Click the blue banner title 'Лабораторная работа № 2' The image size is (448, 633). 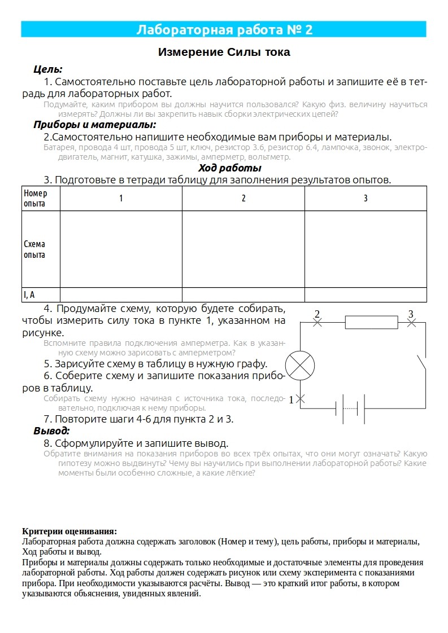(224, 30)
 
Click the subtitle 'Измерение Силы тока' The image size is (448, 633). (224, 52)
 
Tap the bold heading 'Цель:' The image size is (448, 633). (48, 69)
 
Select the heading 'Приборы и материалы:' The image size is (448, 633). (94, 125)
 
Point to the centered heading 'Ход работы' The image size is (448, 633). (229, 168)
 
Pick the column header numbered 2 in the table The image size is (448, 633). (243, 199)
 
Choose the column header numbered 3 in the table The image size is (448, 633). (366, 199)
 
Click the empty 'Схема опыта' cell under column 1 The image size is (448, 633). (121, 249)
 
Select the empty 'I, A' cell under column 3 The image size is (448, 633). (366, 294)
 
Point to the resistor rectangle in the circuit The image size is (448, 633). (372, 323)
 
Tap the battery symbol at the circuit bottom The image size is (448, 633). (350, 408)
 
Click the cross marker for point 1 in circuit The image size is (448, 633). (301, 398)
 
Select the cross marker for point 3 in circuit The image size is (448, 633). (412, 323)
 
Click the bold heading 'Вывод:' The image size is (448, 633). (52, 431)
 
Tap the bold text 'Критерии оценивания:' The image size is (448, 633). (69, 531)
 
